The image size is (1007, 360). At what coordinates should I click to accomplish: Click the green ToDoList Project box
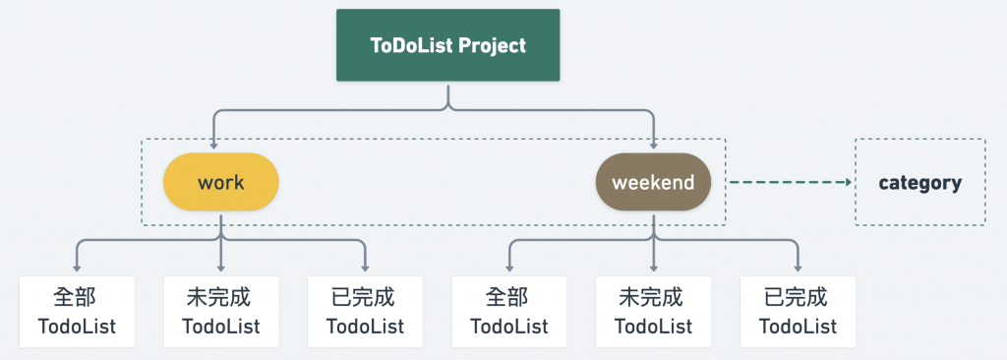(x=447, y=45)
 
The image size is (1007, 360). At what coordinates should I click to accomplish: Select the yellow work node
(x=221, y=182)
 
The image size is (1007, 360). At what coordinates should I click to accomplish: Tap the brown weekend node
(x=653, y=182)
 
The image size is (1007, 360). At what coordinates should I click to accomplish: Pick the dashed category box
(x=919, y=182)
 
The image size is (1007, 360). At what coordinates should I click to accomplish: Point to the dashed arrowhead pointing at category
(x=848, y=182)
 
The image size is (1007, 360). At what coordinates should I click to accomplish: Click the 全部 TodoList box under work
(x=77, y=312)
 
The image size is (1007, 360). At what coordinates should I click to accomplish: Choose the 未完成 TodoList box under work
(x=221, y=312)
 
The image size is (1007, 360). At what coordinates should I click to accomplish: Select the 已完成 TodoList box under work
(x=365, y=312)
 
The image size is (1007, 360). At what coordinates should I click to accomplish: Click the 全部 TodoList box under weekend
(x=509, y=312)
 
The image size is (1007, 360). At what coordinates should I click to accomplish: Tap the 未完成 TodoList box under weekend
(x=653, y=312)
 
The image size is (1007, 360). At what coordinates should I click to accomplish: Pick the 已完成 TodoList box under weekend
(x=798, y=312)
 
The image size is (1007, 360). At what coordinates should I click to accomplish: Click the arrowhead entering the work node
(x=212, y=146)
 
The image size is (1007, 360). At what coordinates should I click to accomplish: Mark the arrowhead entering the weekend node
(x=653, y=146)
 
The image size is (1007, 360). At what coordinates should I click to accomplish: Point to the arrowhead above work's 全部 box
(x=77, y=267)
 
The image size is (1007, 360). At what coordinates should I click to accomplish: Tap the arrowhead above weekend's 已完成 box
(x=798, y=267)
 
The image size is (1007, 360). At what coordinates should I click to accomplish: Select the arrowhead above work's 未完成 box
(x=221, y=267)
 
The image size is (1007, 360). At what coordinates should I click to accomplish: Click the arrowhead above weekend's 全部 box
(x=509, y=267)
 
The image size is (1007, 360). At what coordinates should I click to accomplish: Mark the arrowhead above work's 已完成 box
(x=365, y=267)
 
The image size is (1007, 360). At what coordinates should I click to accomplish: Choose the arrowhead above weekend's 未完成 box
(x=653, y=267)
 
